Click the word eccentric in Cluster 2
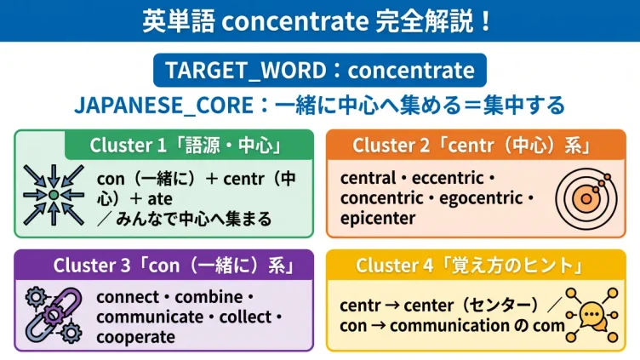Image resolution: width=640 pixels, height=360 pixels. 448,178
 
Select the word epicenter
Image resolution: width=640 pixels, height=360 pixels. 378,219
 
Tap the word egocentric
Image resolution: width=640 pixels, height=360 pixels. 481,198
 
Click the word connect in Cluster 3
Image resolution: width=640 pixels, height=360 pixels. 129,297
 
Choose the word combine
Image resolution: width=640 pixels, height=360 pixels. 209,297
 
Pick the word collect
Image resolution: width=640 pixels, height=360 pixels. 245,317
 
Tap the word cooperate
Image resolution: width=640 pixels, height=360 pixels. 136,338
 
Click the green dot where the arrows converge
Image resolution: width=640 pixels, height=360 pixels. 54,195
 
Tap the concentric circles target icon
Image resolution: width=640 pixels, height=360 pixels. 586,198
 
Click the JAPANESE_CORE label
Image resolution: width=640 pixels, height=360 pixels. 164,106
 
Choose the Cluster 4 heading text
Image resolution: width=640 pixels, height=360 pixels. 470,266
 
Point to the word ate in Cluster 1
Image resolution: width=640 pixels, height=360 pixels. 160,199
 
